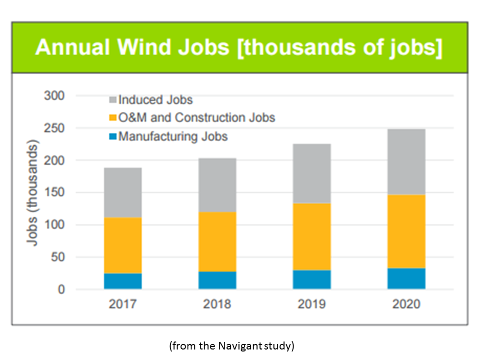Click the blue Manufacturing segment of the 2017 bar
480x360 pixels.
click(x=122, y=281)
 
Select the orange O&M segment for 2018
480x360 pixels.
click(x=217, y=241)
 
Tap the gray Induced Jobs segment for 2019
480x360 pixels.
click(x=311, y=173)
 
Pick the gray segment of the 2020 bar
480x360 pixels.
click(x=406, y=161)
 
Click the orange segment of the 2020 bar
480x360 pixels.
click(x=406, y=231)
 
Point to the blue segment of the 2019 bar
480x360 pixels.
click(x=311, y=279)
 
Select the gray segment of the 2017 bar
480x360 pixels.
click(x=122, y=192)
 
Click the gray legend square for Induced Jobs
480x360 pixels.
click(x=112, y=100)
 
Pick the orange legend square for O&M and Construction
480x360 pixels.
click(x=112, y=118)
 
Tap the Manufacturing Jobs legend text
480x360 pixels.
click(x=173, y=136)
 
